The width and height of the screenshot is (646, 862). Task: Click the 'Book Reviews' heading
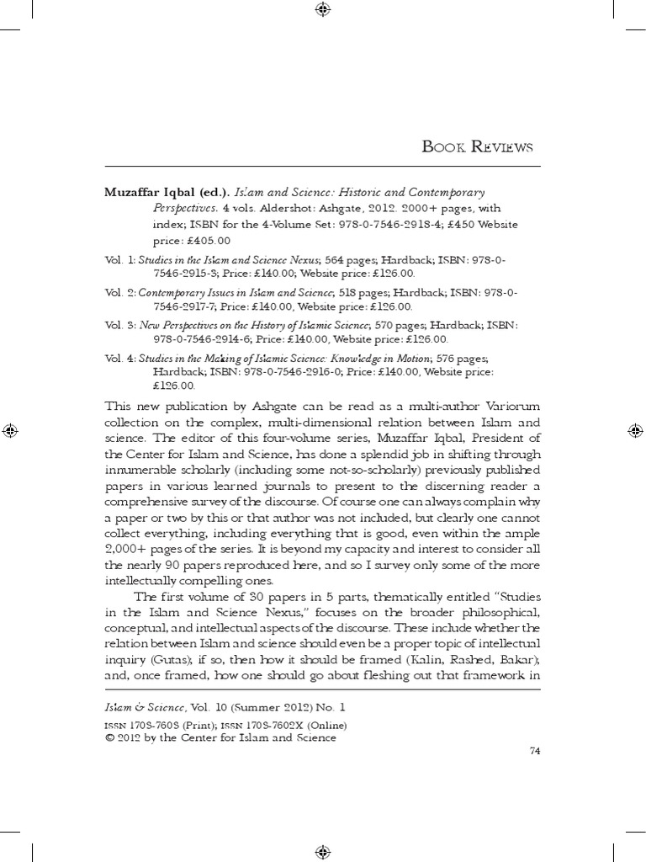pos(478,148)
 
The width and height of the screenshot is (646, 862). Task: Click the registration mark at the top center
pos(323,10)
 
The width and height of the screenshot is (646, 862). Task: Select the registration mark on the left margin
pos(10,430)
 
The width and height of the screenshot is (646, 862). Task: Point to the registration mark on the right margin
pos(635,430)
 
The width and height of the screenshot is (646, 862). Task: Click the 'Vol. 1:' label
pos(119,259)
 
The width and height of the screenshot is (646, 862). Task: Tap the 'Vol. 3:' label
pos(119,323)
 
